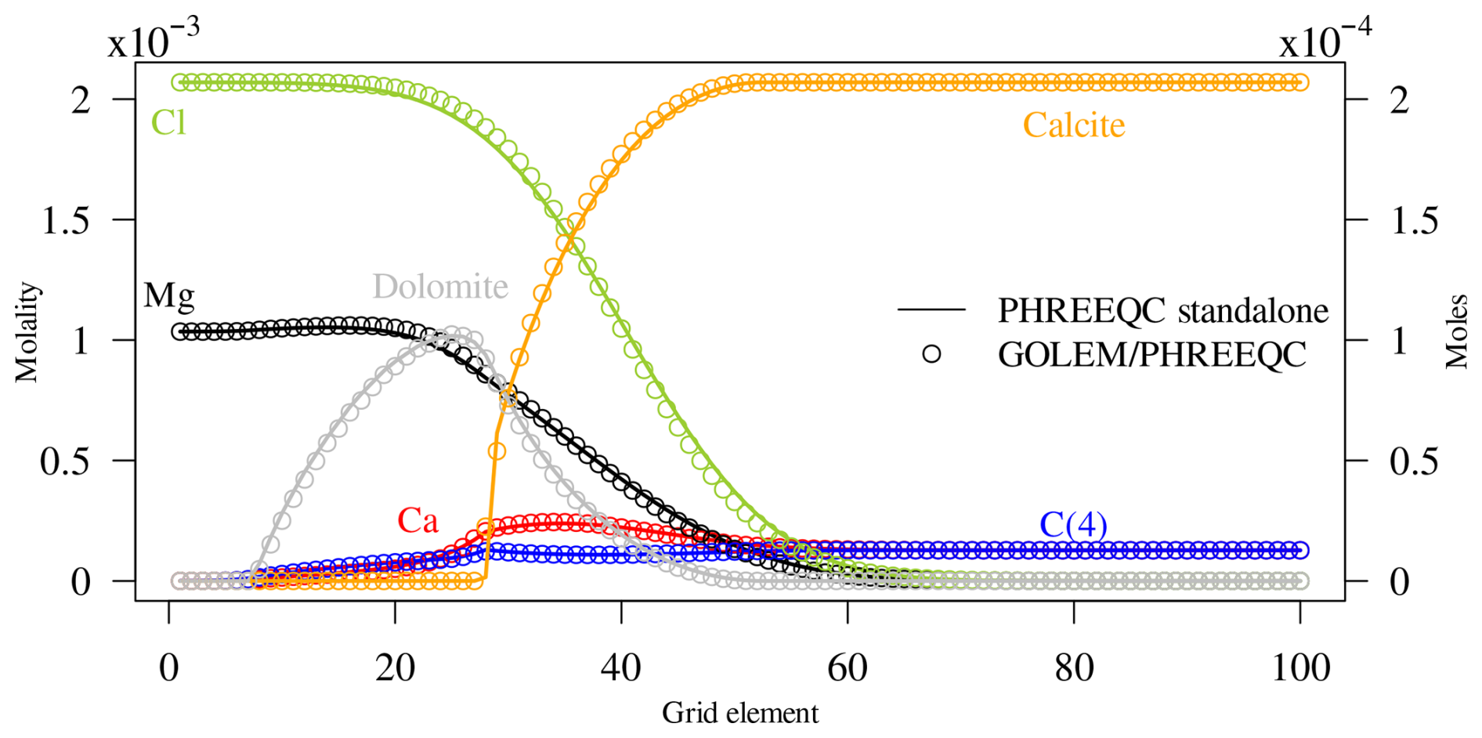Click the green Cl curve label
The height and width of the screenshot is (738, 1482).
point(168,123)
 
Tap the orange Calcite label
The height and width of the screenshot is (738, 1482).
point(1074,125)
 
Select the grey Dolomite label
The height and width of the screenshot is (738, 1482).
point(440,287)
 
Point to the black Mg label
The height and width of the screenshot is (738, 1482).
point(169,295)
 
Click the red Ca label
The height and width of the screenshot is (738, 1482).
point(417,520)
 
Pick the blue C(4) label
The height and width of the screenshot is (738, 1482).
point(1073,524)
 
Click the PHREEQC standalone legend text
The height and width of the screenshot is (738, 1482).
point(1162,311)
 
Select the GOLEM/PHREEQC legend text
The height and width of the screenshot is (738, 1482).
point(1151,355)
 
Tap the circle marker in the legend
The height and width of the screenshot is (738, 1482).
point(931,354)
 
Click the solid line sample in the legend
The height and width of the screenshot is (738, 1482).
point(931,309)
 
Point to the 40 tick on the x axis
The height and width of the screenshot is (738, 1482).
point(621,668)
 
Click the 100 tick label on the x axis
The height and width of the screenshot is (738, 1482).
point(1300,668)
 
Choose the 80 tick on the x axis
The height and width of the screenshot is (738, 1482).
point(1074,668)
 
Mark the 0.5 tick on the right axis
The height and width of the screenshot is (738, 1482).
point(1414,461)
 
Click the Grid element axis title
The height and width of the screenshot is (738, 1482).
point(740,713)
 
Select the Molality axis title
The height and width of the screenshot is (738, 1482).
point(27,332)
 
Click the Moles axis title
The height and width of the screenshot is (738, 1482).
point(1457,332)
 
